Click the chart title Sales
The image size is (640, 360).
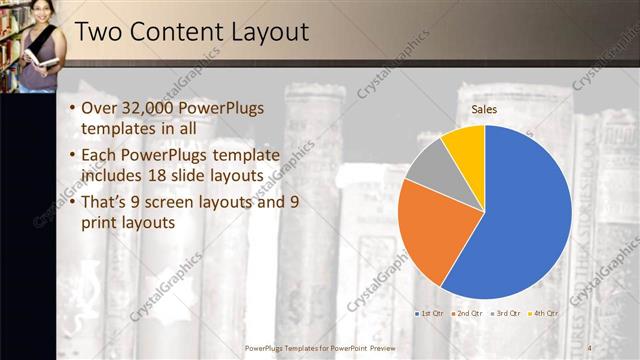click(x=484, y=109)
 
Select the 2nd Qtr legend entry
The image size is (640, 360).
click(x=467, y=313)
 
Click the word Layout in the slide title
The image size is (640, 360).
click(x=266, y=32)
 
